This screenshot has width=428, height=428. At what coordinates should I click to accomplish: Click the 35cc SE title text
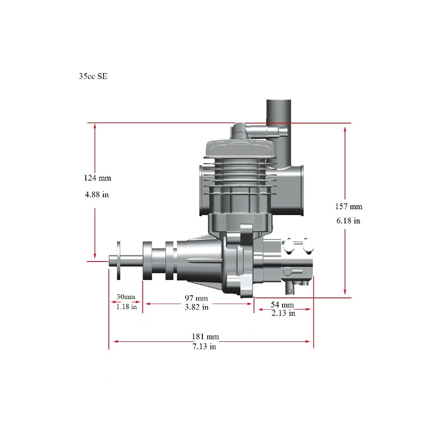coord(93,76)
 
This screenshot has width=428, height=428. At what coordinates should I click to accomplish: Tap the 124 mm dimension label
coord(97,178)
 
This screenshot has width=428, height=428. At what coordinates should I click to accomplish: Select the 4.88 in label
coord(97,195)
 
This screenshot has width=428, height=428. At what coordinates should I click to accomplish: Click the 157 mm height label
coord(349,207)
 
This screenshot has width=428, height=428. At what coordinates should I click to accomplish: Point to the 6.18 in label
coord(348,221)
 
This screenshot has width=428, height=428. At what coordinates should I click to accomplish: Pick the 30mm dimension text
coord(126,297)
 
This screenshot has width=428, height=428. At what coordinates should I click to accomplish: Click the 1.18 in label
coord(127,307)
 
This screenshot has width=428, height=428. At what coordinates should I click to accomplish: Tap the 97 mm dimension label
coord(196,298)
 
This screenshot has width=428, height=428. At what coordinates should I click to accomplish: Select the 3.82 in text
coord(197,307)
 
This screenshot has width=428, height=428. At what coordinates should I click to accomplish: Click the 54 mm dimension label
coord(282,305)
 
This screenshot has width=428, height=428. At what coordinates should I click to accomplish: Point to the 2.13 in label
coord(284,313)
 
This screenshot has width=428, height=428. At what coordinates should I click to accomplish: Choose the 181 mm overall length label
coord(205,336)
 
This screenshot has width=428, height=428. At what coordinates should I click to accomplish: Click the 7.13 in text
coord(204,346)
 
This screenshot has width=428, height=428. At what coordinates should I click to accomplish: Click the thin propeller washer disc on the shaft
coord(118,261)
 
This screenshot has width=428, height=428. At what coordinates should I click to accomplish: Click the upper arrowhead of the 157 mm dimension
coord(345,129)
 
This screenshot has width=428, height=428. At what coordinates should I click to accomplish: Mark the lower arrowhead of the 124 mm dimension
coord(95,255)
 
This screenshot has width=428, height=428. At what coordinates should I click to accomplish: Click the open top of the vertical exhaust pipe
coord(279,100)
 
